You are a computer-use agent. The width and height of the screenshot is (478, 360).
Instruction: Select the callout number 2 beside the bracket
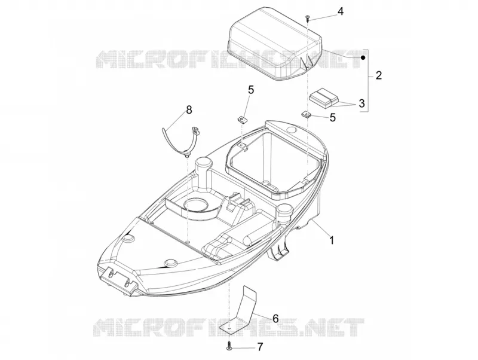pyautogui.click(x=379, y=75)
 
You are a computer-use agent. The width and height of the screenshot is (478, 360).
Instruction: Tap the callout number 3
pyautogui.click(x=361, y=103)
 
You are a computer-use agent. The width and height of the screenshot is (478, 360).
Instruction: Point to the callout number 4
pyautogui.click(x=340, y=11)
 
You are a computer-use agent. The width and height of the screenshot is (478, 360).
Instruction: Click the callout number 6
pyautogui.click(x=275, y=319)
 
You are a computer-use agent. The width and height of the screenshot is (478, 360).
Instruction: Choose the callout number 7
pyautogui.click(x=259, y=347)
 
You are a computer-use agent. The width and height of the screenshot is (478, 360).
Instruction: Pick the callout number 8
pyautogui.click(x=189, y=110)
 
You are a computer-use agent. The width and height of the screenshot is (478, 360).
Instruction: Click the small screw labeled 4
pyautogui.click(x=307, y=19)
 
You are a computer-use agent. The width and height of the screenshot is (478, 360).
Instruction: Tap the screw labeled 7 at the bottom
pyautogui.click(x=228, y=347)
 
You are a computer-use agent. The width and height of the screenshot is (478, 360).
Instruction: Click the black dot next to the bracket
pyautogui.click(x=363, y=57)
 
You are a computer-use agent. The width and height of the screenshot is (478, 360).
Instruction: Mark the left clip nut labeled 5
pyautogui.click(x=243, y=117)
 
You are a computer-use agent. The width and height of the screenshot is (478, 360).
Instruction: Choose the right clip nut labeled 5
pyautogui.click(x=307, y=115)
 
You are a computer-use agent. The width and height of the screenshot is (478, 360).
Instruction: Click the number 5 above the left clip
pyautogui.click(x=250, y=90)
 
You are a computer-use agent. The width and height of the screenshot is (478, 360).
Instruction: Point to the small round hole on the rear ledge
pyautogui.click(x=292, y=130)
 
